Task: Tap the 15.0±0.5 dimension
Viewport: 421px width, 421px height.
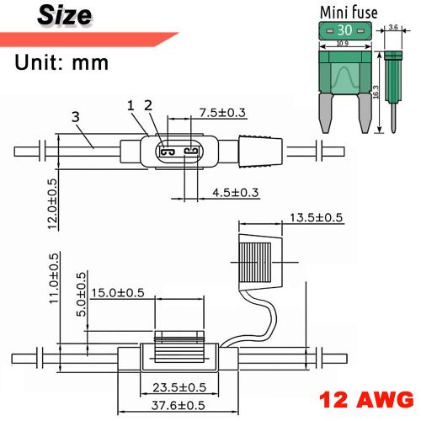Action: (118, 293)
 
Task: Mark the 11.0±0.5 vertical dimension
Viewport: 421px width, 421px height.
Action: (53, 279)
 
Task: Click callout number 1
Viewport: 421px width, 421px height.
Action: (131, 105)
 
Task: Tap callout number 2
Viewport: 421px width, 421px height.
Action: (148, 105)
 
